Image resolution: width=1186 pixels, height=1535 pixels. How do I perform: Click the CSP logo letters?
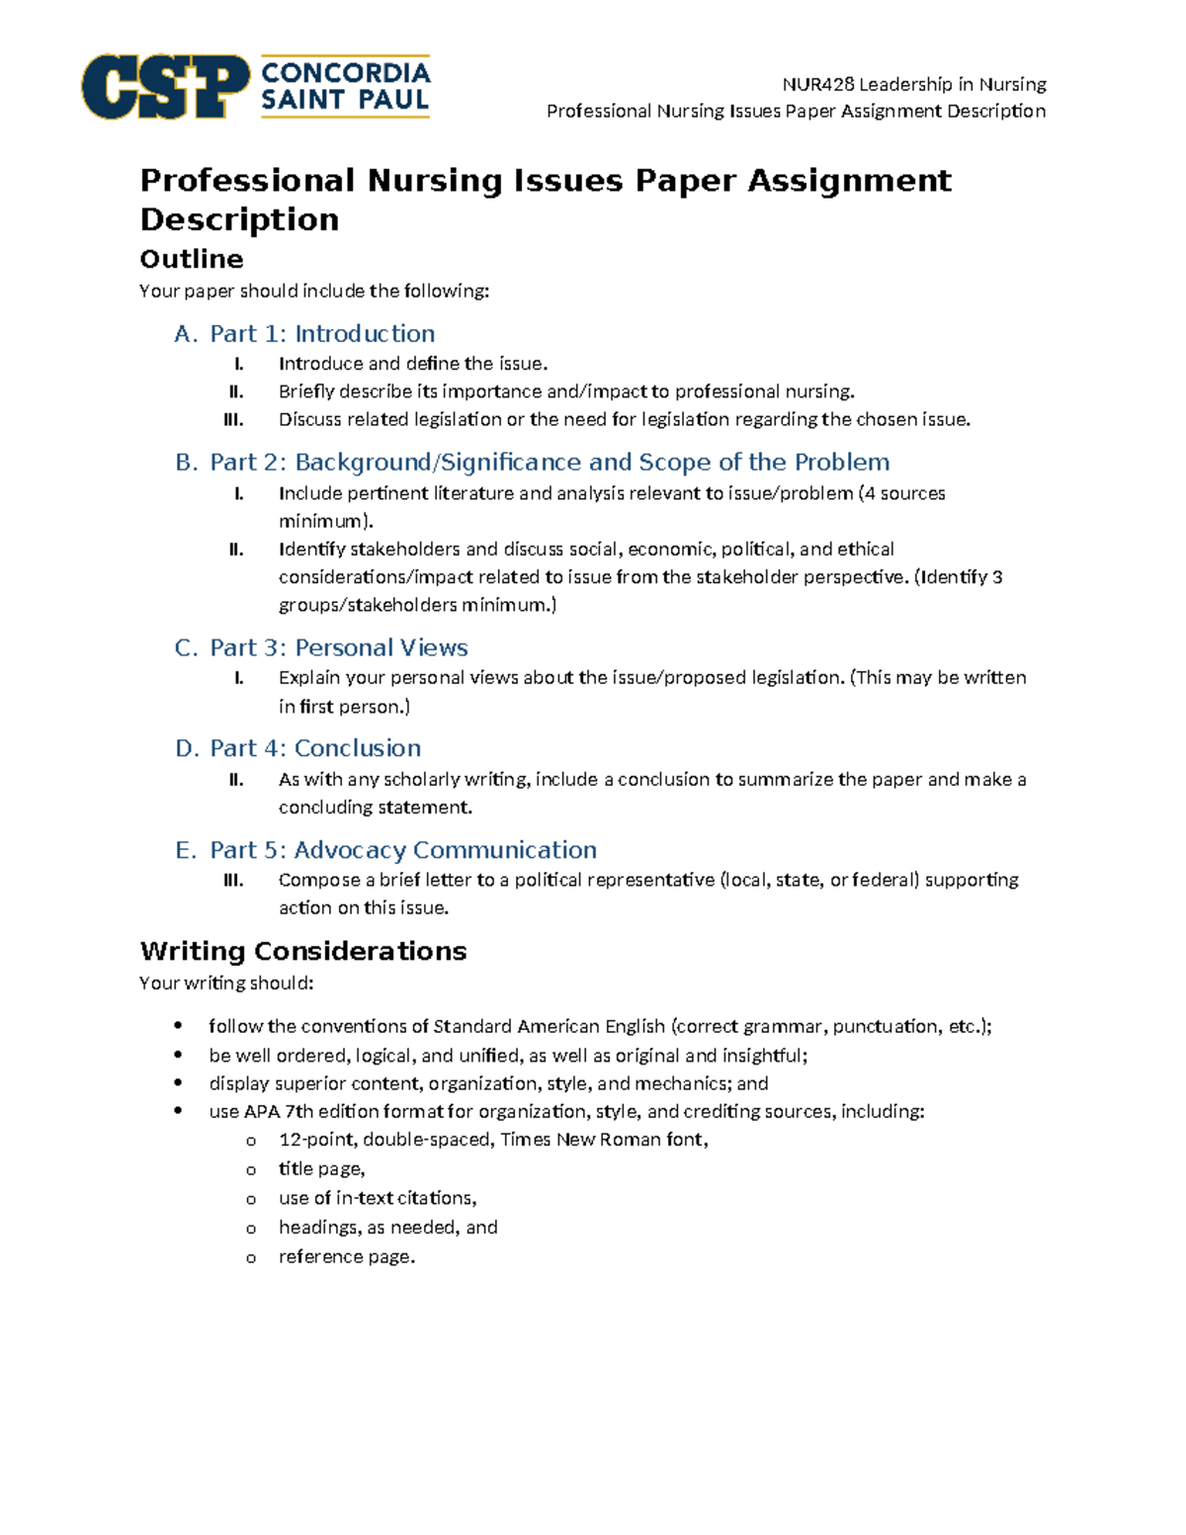(164, 87)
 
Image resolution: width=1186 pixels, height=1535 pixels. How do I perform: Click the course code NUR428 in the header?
(817, 84)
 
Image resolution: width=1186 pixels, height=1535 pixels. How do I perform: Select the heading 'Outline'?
(191, 259)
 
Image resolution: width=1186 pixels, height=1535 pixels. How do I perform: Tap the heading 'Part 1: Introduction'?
(322, 334)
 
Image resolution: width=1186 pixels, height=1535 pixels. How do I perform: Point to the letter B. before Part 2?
(186, 463)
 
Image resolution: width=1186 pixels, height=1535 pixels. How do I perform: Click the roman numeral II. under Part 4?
(235, 780)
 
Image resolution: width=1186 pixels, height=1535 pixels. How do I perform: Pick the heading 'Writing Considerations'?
(302, 951)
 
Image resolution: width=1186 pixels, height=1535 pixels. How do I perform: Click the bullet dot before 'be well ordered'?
(178, 1056)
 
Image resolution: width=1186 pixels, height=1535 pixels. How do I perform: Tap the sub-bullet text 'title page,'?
(321, 1169)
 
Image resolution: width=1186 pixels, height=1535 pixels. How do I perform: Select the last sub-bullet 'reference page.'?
(346, 1257)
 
